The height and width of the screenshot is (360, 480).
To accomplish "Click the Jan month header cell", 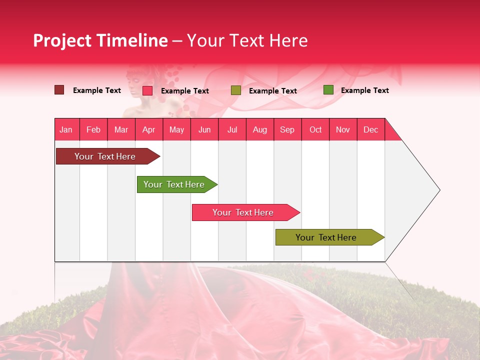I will tap(66, 129).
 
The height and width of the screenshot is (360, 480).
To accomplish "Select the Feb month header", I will tap(93, 129).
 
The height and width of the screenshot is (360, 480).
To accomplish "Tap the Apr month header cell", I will tap(149, 129).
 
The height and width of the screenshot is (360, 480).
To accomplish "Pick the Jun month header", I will tap(204, 129).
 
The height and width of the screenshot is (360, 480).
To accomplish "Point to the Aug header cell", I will tap(260, 129).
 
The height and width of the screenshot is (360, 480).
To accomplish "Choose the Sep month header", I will tap(287, 129).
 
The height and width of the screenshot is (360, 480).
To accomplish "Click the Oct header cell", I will tap(315, 129).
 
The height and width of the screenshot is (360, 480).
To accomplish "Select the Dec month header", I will tap(371, 129).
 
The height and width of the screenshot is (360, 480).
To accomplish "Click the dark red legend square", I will tap(59, 90).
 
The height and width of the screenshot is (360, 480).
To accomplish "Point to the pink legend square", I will tap(147, 90).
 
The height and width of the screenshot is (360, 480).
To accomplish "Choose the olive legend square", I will tap(236, 90).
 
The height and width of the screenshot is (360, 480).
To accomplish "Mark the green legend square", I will tap(328, 90).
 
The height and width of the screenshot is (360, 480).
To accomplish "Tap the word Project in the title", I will tap(62, 40).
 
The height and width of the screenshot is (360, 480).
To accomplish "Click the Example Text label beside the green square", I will tap(364, 90).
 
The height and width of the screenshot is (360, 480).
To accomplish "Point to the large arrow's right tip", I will tap(439, 190).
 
